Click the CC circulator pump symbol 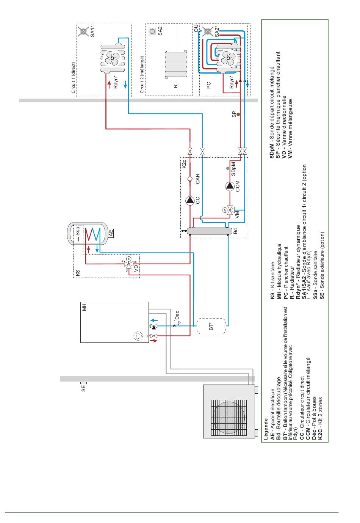[x=190, y=200]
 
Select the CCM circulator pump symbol [x=230, y=186]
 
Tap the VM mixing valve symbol [x=230, y=210]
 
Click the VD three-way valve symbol [x=129, y=264]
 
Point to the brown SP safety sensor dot [x=238, y=115]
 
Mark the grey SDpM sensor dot [x=228, y=168]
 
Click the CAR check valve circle [x=190, y=179]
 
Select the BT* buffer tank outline [x=211, y=326]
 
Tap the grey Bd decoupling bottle [x=210, y=231]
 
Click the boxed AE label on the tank [x=111, y=233]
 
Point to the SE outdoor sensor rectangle [x=84, y=383]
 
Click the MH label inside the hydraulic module [x=84, y=307]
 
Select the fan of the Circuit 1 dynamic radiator [x=113, y=58]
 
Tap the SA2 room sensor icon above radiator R [x=152, y=31]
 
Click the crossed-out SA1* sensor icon [x=83, y=31]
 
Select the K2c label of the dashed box [x=184, y=164]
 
